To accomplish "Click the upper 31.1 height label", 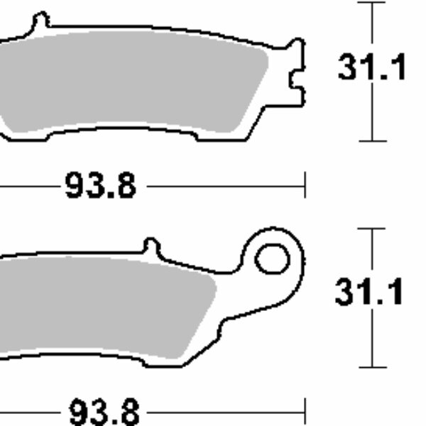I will (372, 69).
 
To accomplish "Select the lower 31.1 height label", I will (370, 293).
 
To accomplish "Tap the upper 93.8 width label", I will (100, 187).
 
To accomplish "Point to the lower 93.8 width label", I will (104, 411).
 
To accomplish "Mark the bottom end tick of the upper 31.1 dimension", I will (371, 141).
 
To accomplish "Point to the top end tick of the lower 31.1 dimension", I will (371, 229).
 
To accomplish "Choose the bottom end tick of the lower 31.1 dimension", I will (371, 367).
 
